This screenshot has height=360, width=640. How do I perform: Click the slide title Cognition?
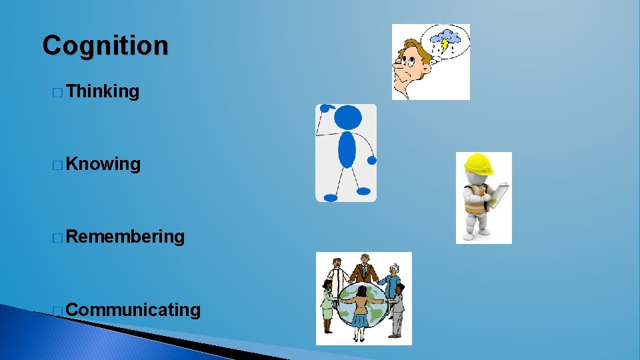(105, 46)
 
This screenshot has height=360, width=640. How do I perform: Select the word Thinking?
(103, 91)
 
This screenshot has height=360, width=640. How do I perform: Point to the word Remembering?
(125, 237)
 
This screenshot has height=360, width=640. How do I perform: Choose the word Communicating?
(133, 309)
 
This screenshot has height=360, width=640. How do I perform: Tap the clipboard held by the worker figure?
(499, 194)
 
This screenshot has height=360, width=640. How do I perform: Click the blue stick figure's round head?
(347, 119)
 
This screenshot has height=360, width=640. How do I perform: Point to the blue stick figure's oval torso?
(347, 149)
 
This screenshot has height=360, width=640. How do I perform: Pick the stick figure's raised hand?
(325, 107)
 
